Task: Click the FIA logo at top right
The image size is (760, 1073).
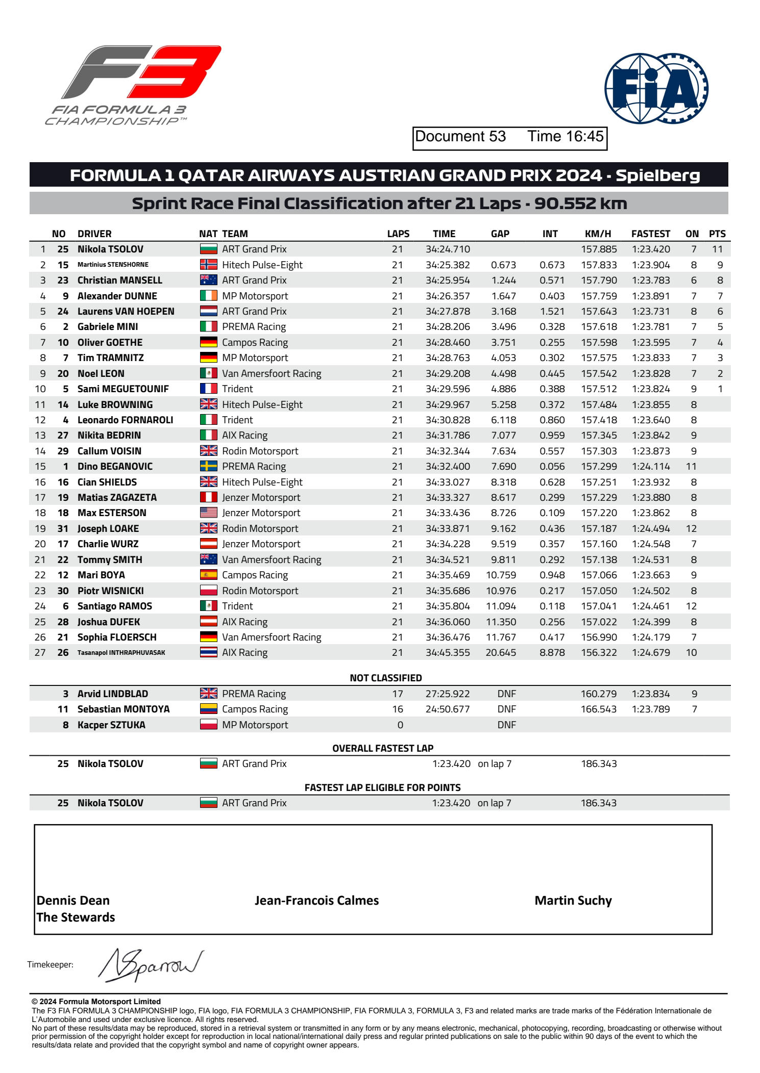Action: (x=656, y=89)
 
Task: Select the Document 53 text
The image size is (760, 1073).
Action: (x=460, y=137)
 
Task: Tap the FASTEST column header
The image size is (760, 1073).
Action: (x=650, y=234)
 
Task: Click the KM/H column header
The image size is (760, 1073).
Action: (x=598, y=234)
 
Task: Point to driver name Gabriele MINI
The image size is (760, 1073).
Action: (x=108, y=327)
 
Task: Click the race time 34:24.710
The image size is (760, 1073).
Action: (x=448, y=249)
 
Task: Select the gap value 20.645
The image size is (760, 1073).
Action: (x=501, y=653)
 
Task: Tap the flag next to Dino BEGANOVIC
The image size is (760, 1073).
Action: (x=208, y=467)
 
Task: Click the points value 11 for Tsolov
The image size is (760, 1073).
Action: (x=717, y=249)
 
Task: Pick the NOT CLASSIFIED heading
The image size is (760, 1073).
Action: (x=386, y=678)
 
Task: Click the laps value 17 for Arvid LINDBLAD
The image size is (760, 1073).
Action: (x=398, y=694)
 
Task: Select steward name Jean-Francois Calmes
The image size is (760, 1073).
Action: (x=316, y=901)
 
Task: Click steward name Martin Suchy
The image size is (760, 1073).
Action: (x=573, y=901)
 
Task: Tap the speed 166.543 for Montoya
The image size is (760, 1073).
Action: (x=599, y=709)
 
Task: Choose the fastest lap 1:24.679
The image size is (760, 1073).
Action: (x=651, y=653)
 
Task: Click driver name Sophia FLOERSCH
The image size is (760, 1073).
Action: (x=117, y=637)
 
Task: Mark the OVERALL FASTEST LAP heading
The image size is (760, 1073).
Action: (x=383, y=749)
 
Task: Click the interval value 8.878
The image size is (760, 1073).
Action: (x=552, y=653)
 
